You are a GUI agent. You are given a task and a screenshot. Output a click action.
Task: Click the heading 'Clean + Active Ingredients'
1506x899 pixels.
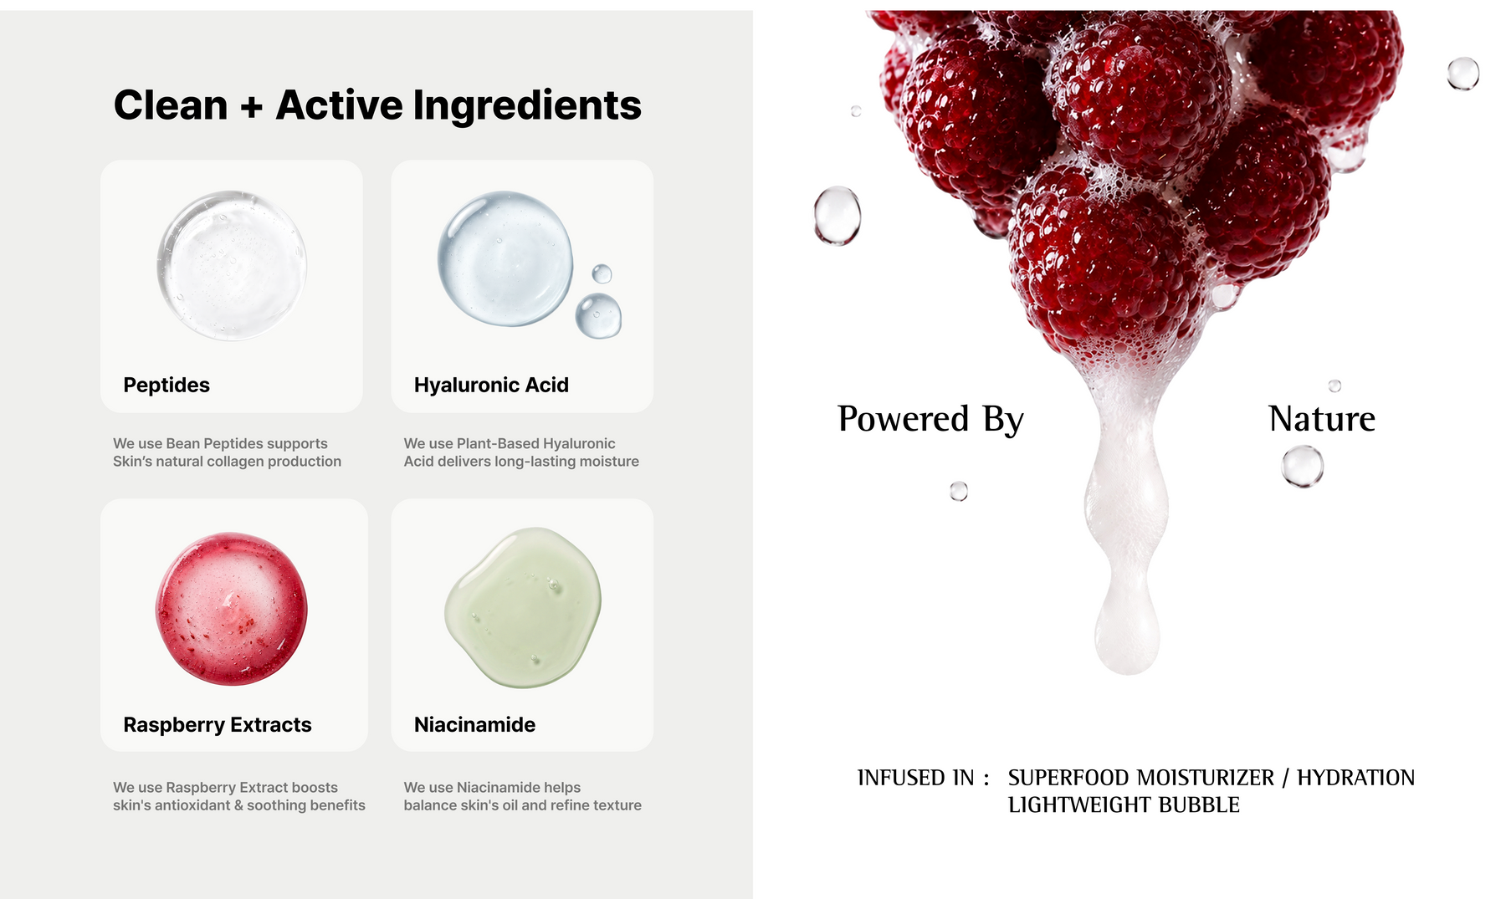(x=377, y=105)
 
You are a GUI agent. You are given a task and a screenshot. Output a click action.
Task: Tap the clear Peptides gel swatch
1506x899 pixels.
(x=232, y=265)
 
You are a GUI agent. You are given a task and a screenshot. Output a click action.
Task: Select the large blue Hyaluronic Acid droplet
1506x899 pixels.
(x=505, y=258)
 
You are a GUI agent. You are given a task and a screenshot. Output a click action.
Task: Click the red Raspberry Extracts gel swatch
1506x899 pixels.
(x=232, y=608)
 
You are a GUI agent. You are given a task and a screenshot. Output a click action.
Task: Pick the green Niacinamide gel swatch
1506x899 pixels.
(x=523, y=607)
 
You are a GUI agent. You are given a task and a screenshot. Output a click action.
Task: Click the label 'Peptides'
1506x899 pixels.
(x=166, y=385)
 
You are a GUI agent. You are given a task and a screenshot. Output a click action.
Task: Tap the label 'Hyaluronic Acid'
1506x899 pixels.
(x=491, y=385)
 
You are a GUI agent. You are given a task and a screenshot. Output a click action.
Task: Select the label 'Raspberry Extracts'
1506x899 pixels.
(x=218, y=724)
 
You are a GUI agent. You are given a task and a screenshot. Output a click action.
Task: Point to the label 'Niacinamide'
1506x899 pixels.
(x=474, y=724)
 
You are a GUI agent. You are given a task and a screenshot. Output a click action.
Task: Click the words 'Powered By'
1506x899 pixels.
(x=930, y=419)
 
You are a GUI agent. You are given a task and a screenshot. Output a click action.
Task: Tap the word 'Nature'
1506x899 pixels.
(x=1322, y=418)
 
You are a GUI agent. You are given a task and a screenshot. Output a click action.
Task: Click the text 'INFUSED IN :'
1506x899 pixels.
(x=924, y=778)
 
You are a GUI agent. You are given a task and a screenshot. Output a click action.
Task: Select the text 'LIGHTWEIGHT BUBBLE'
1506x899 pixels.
(x=1124, y=805)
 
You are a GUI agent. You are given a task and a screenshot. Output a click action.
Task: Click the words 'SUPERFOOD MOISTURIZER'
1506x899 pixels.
(x=1141, y=778)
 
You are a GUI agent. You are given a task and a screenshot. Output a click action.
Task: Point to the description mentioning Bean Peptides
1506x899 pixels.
(x=227, y=452)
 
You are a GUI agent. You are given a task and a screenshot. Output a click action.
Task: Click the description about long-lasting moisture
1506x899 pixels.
(x=521, y=452)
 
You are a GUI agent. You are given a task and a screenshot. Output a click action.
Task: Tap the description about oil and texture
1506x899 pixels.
(x=522, y=796)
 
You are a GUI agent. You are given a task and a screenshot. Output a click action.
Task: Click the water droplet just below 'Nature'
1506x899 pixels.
(x=1303, y=466)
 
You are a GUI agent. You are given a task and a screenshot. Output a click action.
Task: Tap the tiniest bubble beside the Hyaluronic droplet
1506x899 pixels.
(x=602, y=273)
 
